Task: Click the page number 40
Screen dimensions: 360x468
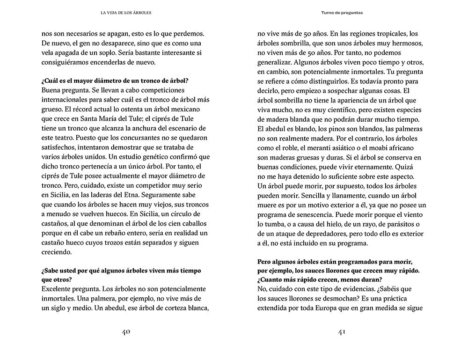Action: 125,332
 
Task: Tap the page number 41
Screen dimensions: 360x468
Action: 342,332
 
